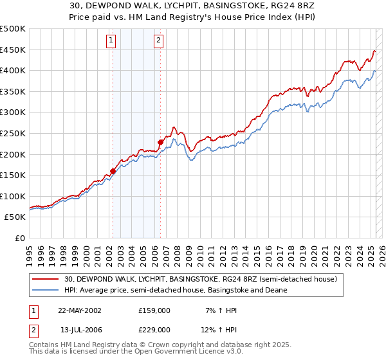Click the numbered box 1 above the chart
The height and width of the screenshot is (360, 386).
[111, 40]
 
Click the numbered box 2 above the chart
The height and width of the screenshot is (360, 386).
[158, 40]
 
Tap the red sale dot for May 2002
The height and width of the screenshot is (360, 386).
[113, 171]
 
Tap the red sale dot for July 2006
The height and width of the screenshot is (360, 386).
[160, 142]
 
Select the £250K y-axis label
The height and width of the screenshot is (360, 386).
[13, 133]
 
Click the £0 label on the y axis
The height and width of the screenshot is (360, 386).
[21, 238]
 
